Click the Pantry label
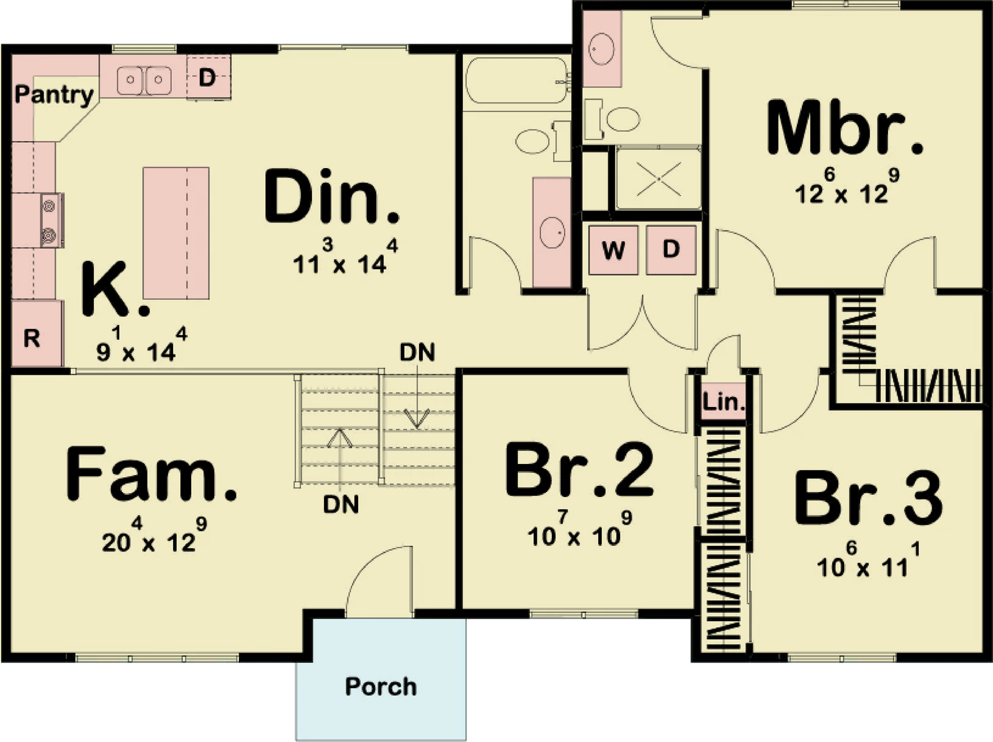tap(54, 95)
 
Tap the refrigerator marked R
tap(37, 334)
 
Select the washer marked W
tap(613, 250)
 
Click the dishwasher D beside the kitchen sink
tap(209, 77)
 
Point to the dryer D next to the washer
tap(671, 250)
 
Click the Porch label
tap(381, 686)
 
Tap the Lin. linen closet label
tap(724, 401)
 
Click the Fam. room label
tap(151, 473)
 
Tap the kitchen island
tap(176, 233)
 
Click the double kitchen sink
tap(145, 79)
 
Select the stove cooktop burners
tap(51, 220)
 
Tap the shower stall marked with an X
tap(658, 178)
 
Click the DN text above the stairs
tap(417, 352)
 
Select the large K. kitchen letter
tap(115, 289)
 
